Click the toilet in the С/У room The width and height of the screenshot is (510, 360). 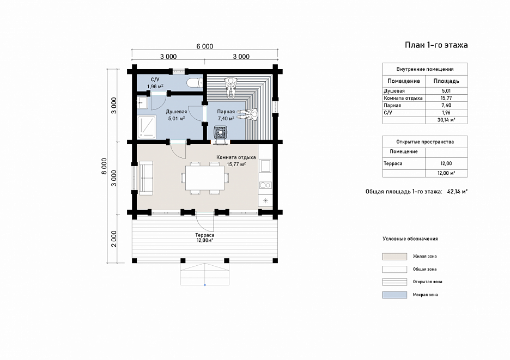[195, 83]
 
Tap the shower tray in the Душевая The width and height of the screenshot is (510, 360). [147, 126]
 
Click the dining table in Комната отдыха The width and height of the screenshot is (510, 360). [204, 178]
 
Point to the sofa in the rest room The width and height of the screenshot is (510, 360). [146, 178]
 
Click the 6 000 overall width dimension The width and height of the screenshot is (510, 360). [204, 46]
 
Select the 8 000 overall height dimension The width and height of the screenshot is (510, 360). [104, 166]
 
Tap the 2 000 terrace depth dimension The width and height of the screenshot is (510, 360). [114, 239]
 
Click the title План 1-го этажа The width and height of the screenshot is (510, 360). [436, 45]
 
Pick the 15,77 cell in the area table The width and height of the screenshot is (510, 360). [446, 98]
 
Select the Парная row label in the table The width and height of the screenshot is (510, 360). [392, 105]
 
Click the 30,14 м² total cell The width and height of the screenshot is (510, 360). [446, 120]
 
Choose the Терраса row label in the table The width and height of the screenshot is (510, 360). [393, 163]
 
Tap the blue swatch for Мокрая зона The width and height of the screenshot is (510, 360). [394, 295]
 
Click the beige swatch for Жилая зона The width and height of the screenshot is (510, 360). [394, 257]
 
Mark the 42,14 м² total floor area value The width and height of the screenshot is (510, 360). [457, 192]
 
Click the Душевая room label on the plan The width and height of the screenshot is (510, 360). [177, 112]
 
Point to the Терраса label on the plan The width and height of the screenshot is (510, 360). [204, 235]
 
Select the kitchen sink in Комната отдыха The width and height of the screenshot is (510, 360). [265, 166]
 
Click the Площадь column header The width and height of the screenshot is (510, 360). [446, 81]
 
